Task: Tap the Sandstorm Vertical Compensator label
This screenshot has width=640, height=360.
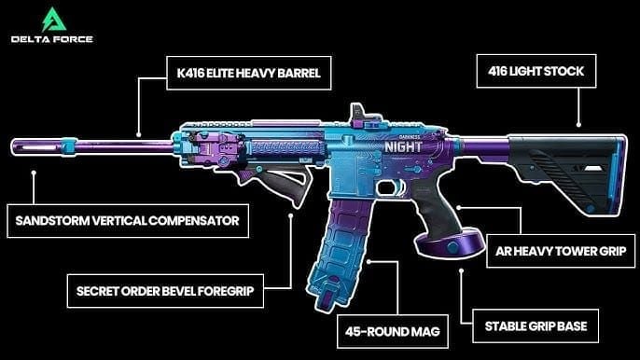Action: (x=126, y=220)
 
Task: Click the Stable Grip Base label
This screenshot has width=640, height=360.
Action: (x=540, y=327)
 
